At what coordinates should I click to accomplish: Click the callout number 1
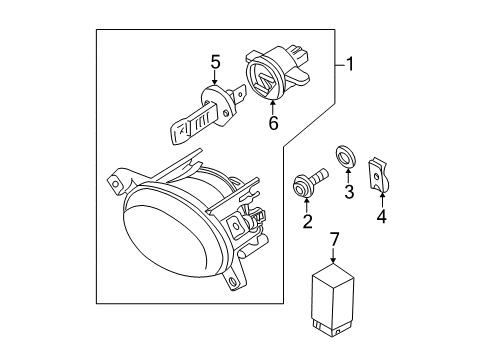(x=349, y=64)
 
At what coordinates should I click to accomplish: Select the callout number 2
(x=307, y=221)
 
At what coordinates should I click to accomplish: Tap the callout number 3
(x=349, y=192)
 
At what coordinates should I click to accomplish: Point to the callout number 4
(x=382, y=216)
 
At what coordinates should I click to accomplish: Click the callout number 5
(x=215, y=62)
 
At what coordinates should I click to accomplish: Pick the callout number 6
(x=273, y=124)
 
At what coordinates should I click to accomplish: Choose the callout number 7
(x=334, y=240)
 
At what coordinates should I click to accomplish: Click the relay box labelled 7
(x=332, y=299)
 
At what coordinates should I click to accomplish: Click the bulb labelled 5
(x=207, y=113)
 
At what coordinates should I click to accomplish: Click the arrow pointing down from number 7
(x=333, y=255)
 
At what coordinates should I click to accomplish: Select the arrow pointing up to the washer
(x=348, y=175)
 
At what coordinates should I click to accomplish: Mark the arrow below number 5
(x=214, y=77)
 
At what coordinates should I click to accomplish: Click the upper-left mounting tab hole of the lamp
(x=116, y=184)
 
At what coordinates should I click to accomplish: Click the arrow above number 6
(x=273, y=108)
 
